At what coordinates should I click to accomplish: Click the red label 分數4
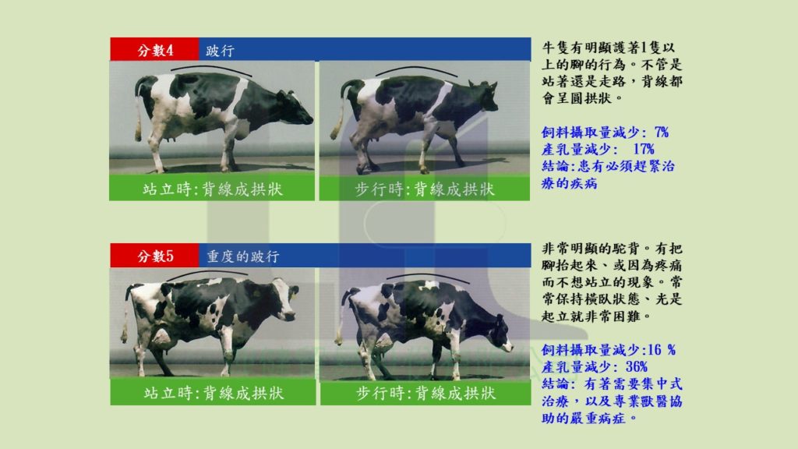point(155,50)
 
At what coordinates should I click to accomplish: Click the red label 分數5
point(155,256)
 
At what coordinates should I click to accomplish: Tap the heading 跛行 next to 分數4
point(220,51)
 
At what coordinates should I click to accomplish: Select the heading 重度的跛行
point(243,256)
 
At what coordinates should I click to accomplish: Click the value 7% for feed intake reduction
point(661,133)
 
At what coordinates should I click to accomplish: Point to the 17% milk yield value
point(644,149)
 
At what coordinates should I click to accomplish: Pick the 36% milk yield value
point(637,366)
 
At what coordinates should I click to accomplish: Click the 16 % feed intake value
point(662,350)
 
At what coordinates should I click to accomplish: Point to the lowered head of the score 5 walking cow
point(500,334)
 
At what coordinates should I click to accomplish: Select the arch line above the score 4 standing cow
point(211,69)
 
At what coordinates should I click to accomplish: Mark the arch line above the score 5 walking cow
point(429,277)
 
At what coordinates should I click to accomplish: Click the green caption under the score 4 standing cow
point(212,189)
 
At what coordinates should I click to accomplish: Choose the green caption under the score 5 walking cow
point(425,393)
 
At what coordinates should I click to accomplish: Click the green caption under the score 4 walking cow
point(425,189)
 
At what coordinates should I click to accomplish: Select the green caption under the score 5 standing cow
point(214,393)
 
